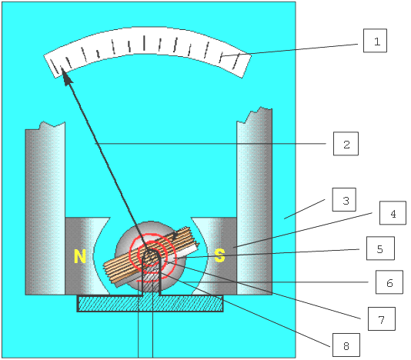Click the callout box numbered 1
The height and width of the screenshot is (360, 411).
[375, 41]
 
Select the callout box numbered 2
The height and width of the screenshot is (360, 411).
[346, 144]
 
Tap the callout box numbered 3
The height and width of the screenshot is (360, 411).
[344, 200]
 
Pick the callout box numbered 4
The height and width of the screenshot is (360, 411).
[393, 213]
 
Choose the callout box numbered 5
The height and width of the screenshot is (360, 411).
[380, 248]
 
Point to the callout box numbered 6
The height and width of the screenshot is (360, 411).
[389, 282]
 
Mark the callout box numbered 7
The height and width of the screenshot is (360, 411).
[382, 318]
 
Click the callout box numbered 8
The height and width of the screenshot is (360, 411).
[346, 345]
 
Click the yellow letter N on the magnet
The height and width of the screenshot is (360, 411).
[80, 256]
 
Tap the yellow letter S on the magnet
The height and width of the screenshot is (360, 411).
[219, 255]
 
